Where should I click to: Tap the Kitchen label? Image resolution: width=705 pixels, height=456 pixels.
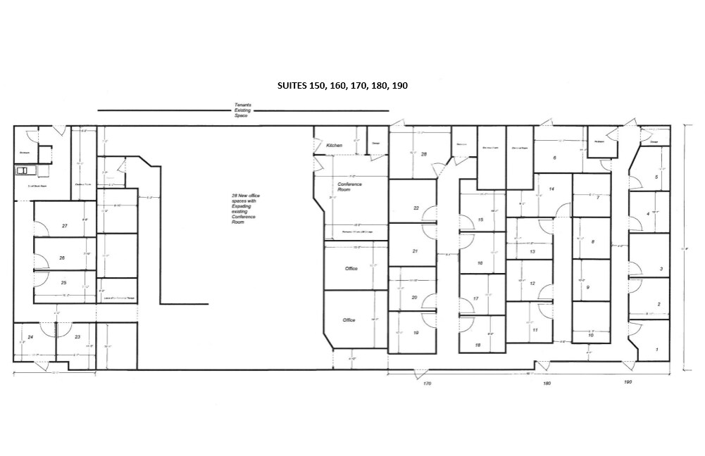click(x=334, y=146)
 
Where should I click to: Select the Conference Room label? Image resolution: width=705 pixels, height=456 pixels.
click(x=344, y=186)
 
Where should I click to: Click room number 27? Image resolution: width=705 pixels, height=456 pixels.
click(x=64, y=226)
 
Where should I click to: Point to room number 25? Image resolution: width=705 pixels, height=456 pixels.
click(x=63, y=282)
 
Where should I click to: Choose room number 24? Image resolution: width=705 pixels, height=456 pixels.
click(x=30, y=337)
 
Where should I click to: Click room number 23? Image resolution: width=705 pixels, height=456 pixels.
click(x=77, y=337)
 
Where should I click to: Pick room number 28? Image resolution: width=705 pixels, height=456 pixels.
click(x=424, y=153)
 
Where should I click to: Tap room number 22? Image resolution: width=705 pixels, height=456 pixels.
click(x=416, y=208)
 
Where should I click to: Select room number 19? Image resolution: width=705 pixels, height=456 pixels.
click(x=416, y=333)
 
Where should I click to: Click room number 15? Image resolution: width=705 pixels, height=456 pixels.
click(x=480, y=220)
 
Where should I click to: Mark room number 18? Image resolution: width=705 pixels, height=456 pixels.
click(x=478, y=345)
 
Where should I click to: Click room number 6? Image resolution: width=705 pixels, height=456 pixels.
click(x=555, y=158)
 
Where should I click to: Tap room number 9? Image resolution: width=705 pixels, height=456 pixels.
click(x=587, y=287)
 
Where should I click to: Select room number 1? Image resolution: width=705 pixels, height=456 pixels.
click(x=657, y=349)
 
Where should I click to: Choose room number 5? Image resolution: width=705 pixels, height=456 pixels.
click(x=656, y=177)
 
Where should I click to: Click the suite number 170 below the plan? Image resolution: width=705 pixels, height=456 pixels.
click(x=427, y=384)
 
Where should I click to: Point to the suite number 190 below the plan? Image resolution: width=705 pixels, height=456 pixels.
click(x=628, y=382)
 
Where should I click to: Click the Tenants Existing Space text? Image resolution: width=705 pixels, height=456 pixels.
click(x=242, y=110)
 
